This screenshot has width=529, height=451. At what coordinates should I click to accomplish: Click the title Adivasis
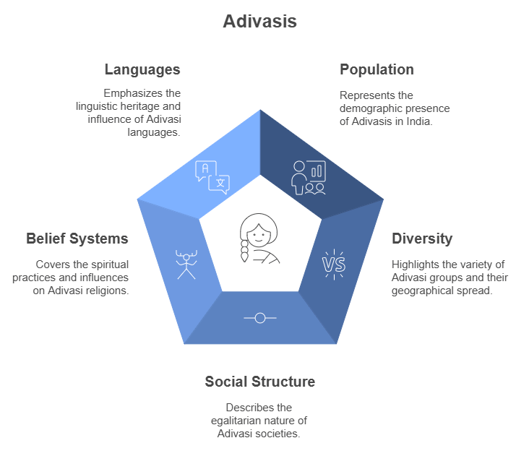click(259, 22)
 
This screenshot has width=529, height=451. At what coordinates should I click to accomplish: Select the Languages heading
click(142, 70)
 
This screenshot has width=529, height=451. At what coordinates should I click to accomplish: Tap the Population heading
click(377, 70)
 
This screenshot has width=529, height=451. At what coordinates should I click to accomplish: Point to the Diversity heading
click(422, 239)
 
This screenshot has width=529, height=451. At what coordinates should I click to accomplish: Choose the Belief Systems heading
click(77, 239)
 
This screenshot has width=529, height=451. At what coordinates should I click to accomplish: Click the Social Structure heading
click(259, 382)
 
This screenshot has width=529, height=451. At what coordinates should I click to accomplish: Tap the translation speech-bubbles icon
click(212, 177)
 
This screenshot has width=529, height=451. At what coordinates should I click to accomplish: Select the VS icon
click(333, 265)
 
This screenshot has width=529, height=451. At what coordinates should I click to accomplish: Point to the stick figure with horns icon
click(186, 264)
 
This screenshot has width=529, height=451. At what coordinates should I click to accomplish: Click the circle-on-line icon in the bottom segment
click(260, 317)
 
